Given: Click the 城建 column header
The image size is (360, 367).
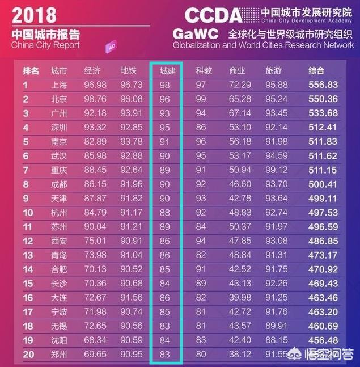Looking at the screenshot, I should (167, 71).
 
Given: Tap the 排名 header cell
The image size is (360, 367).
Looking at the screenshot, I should (31, 71).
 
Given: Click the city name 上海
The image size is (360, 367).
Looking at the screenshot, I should (59, 85).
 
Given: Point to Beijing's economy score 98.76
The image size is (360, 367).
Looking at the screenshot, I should (95, 99).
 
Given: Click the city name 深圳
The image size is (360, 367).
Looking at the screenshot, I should (59, 126).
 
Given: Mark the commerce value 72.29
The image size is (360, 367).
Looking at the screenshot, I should (240, 85).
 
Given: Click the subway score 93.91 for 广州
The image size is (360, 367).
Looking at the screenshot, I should (132, 113).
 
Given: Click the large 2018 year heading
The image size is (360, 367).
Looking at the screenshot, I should (34, 14).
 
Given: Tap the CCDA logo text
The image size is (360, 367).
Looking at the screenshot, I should (213, 15).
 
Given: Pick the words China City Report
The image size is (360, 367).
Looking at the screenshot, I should (46, 45).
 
